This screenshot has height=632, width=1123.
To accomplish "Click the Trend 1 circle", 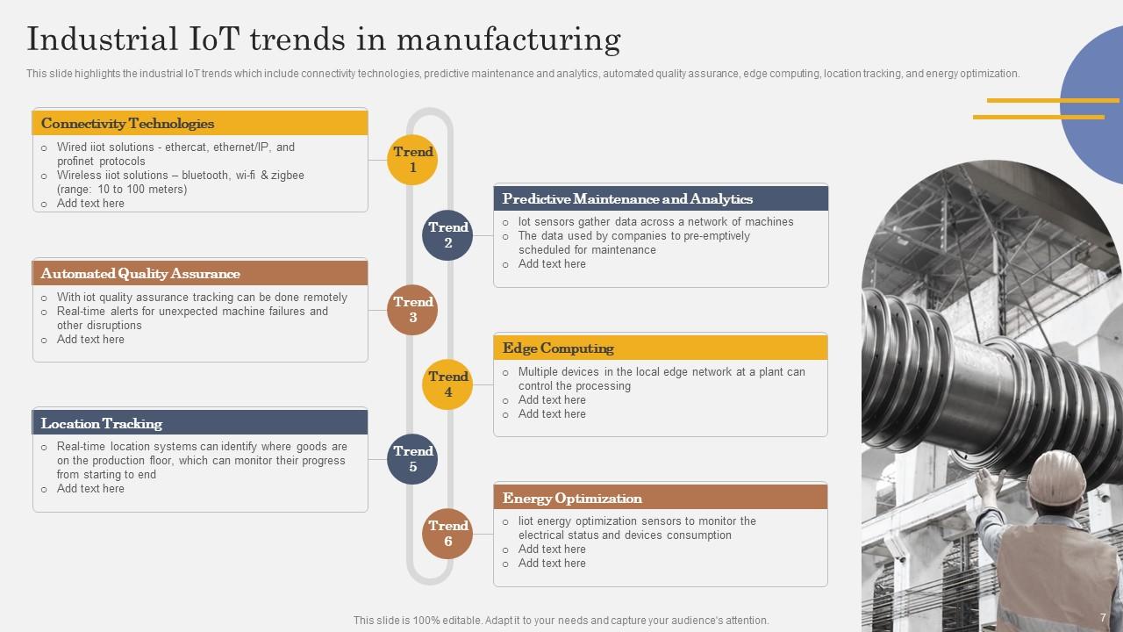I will tap(412, 160).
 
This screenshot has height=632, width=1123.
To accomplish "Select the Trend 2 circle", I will tap(447, 235).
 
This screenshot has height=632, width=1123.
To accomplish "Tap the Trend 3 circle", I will tap(412, 310).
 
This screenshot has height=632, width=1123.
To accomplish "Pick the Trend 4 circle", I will tap(447, 384).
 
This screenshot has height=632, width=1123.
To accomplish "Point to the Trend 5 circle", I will tap(412, 459).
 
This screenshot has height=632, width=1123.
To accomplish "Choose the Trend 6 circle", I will tap(447, 534).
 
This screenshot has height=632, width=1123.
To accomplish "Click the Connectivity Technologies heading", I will tap(127, 124).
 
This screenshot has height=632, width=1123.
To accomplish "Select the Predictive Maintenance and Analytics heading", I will tap(627, 199).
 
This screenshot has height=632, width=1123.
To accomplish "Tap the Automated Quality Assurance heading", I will tap(140, 274).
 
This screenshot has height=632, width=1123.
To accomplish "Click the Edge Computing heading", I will tap(558, 348).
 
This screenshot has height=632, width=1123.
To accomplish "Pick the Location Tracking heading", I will tap(102, 424).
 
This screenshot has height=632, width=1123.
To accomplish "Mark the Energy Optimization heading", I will tap(572, 499).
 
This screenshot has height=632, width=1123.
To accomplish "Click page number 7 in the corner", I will tap(1103, 618).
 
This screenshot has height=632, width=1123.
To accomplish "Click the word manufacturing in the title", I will tap(509, 40).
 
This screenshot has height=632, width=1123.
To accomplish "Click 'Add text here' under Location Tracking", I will tap(90, 489).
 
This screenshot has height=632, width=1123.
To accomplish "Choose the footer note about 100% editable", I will tap(561, 621).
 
